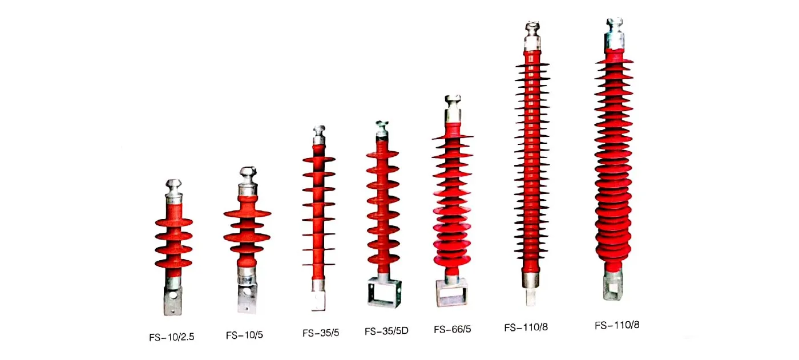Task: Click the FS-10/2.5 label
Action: [172, 337]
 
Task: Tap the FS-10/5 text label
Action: [244, 335]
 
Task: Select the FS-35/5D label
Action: [386, 331]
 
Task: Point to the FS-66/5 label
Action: [452, 329]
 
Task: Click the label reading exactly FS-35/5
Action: [321, 333]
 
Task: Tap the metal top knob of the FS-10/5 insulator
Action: [248, 181]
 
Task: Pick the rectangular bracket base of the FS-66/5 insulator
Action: [451, 292]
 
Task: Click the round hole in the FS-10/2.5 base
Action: [173, 295]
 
